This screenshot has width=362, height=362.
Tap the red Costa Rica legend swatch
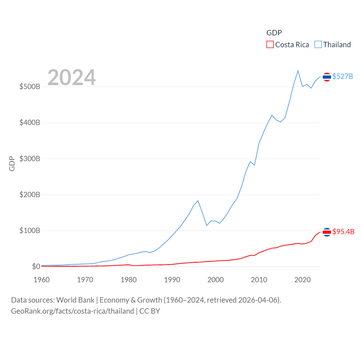(x=270, y=45)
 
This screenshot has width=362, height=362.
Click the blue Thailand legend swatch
(x=318, y=45)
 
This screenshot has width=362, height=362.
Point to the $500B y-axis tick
(x=30, y=87)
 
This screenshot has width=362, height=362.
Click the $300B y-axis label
(x=30, y=159)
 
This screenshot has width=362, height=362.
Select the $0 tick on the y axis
(x=36, y=266)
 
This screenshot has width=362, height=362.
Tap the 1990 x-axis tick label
(x=172, y=280)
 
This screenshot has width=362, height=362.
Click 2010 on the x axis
(x=259, y=280)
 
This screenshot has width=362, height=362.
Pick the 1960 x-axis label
(x=42, y=280)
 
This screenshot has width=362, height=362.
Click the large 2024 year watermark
(x=72, y=77)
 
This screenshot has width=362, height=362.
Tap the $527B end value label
(x=342, y=76)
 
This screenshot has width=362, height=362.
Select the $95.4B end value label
(x=343, y=232)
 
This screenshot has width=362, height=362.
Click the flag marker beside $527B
(x=327, y=77)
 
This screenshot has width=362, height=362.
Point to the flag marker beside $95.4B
(x=327, y=232)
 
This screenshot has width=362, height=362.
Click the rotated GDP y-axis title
(x=12, y=163)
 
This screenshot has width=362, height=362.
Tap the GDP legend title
(x=274, y=33)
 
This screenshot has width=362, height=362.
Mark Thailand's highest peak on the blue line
(x=298, y=71)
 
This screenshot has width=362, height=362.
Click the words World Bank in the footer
(x=75, y=300)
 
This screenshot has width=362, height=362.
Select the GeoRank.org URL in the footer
(x=72, y=311)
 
